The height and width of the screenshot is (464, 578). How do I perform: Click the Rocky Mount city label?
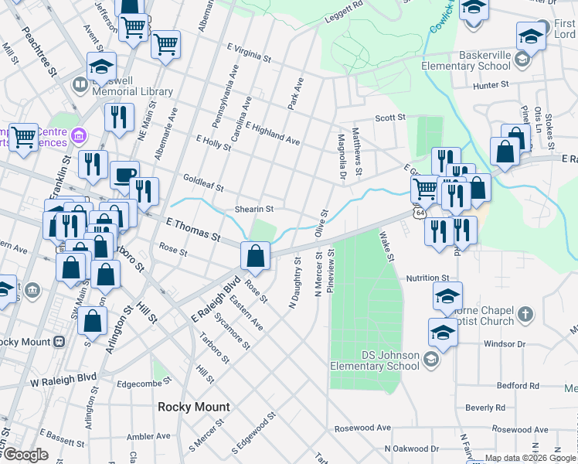(193, 407)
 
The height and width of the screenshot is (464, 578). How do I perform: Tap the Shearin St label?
(254, 209)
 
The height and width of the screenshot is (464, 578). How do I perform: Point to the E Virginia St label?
(249, 53)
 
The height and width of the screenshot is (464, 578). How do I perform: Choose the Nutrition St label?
(429, 278)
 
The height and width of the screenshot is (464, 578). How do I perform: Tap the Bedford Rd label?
(517, 385)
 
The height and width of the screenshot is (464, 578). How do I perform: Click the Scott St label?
(390, 118)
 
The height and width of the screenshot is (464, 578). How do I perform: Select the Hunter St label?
(491, 84)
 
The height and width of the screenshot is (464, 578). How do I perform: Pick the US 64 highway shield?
(418, 211)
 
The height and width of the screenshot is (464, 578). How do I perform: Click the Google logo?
(25, 455)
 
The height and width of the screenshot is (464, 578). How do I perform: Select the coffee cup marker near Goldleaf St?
(124, 176)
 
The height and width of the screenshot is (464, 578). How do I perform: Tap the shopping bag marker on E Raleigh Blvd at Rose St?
(255, 254)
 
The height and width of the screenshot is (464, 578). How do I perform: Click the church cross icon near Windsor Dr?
(525, 314)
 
